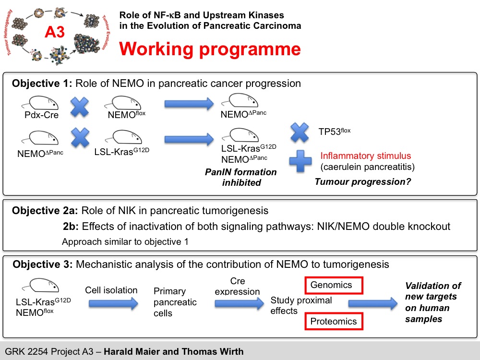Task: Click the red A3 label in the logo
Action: coord(55,32)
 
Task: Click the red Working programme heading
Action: coord(210,49)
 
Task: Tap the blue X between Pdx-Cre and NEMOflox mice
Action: coord(80,107)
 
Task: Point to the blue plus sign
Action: coord(300,161)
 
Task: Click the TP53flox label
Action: coord(334,131)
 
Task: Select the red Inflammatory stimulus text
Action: coord(365,156)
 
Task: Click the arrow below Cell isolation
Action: coord(113,304)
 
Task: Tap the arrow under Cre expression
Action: coord(239,304)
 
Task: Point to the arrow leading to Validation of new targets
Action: coord(373,303)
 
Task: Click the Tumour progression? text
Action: coord(363,182)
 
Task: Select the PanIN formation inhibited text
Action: coord(241,177)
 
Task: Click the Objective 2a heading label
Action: coord(45,211)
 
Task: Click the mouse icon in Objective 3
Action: coord(41,285)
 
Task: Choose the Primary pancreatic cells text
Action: coord(175,302)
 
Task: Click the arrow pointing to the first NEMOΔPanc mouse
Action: coord(189,104)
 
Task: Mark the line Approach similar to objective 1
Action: coord(125,242)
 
